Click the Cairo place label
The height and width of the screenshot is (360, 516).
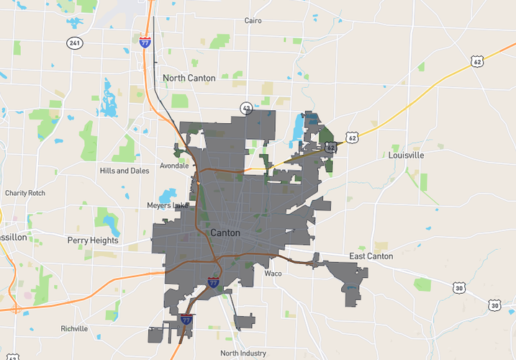[x=253, y=21]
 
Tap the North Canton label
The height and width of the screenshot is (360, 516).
[x=189, y=78]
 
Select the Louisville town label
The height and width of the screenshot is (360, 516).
[x=406, y=155]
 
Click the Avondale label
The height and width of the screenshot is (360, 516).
[x=174, y=165]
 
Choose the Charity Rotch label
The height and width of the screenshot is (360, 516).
[x=24, y=193]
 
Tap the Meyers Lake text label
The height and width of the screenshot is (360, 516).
[x=166, y=206]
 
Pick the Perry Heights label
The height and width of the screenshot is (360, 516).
[x=92, y=240]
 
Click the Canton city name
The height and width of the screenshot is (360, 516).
[x=225, y=233]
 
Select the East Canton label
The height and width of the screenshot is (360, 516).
[x=371, y=256]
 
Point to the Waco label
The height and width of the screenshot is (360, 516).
[x=273, y=274]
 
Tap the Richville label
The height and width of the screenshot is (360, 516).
[x=74, y=328]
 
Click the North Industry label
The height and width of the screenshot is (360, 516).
[x=243, y=353]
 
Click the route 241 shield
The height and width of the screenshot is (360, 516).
[x=74, y=43]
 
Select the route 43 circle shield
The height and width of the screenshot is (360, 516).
[x=245, y=107]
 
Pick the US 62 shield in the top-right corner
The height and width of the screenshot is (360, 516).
[x=478, y=62]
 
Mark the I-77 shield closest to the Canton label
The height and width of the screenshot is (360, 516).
[x=214, y=282]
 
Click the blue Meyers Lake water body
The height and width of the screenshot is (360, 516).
[x=168, y=195]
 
